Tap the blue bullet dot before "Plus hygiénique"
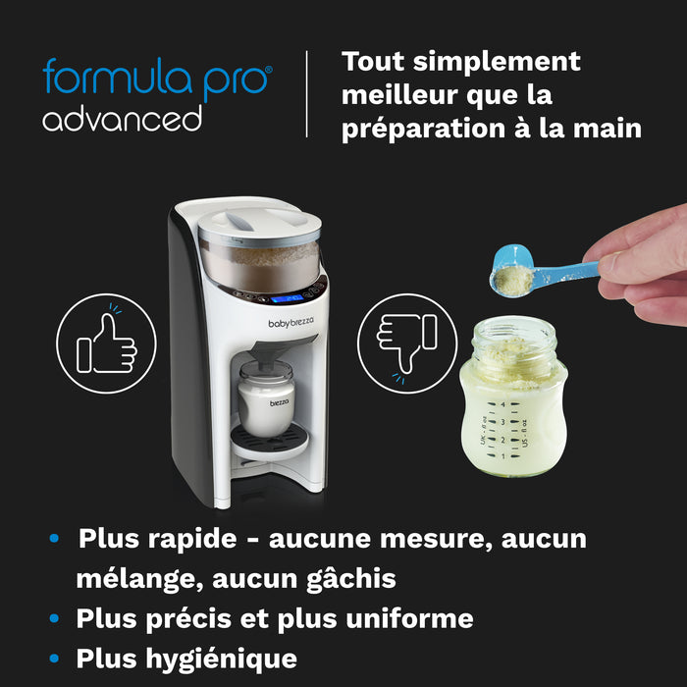56,659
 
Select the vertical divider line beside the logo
306,94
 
